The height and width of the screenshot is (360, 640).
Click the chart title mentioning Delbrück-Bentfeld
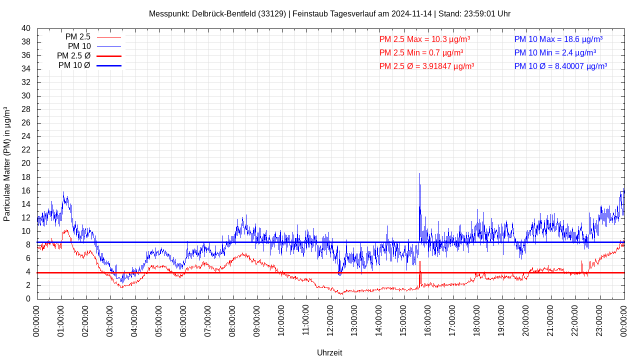[x=329, y=13]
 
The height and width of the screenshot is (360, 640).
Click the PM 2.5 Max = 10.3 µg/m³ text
[x=424, y=39]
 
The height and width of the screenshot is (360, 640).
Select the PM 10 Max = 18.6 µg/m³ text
[x=558, y=39]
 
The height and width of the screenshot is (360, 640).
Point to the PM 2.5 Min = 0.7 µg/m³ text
[x=421, y=52]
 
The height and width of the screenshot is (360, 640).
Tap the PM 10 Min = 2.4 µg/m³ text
[x=555, y=52]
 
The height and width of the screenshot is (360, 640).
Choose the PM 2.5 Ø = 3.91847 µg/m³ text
[x=426, y=66]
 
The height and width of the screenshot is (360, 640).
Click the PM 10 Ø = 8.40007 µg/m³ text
[x=560, y=66]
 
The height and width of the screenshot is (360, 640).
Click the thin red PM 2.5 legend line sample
[x=109, y=37]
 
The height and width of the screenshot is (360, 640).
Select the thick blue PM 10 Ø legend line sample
[x=109, y=65]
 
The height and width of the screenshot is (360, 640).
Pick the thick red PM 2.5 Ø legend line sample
[x=109, y=56]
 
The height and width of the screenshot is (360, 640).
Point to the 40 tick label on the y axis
[x=26, y=28]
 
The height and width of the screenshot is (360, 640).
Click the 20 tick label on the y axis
[x=26, y=163]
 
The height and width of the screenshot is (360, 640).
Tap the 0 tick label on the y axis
[x=28, y=299]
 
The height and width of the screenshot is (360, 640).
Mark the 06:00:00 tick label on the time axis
[x=183, y=320]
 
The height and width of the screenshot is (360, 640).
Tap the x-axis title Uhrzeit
[x=329, y=352]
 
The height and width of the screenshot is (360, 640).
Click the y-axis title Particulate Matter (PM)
[x=7, y=163]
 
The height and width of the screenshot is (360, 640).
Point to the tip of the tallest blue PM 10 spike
[x=419, y=173]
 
